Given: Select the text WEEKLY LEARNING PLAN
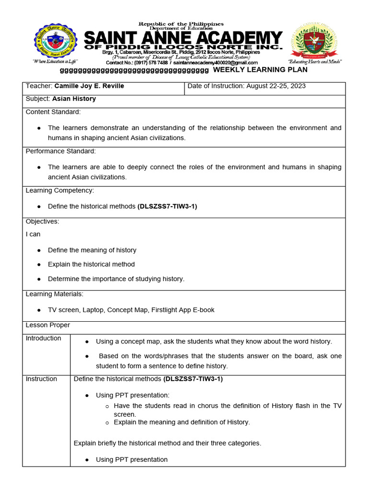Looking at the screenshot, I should [260, 70].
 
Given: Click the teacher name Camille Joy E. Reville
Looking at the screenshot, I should [89, 86].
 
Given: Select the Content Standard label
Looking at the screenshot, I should [53, 112].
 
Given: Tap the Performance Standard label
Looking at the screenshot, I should [60, 151].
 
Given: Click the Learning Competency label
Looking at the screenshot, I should [59, 190].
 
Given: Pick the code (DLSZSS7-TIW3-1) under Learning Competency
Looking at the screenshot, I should [167, 206].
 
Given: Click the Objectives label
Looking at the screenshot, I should [42, 222].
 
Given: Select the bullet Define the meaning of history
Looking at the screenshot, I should [92, 250].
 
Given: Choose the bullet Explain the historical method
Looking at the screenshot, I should [91, 264].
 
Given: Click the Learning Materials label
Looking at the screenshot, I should [54, 294].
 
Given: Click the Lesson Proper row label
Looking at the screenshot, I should [47, 325].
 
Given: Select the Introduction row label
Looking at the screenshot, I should [43, 339].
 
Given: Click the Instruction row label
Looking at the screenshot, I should [41, 379].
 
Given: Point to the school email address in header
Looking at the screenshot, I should [216, 63].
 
